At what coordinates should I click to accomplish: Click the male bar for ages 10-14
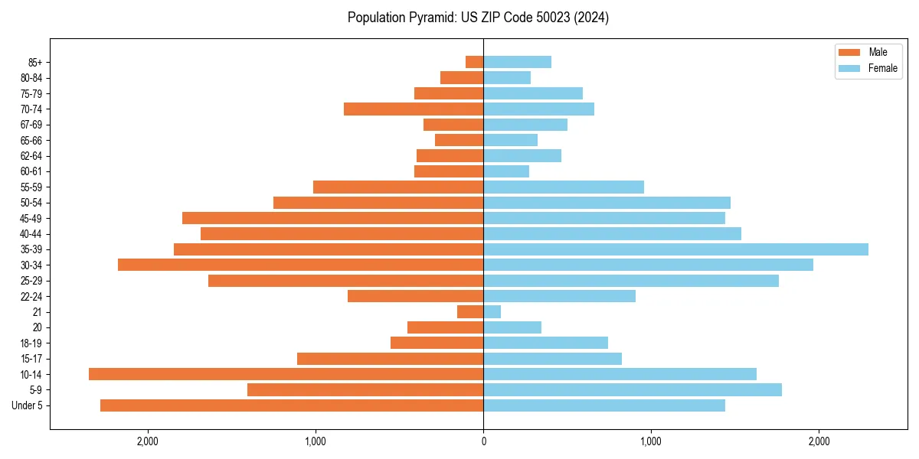click(x=286, y=374)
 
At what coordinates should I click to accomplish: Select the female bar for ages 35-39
click(x=675, y=249)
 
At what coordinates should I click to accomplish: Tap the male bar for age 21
click(x=470, y=312)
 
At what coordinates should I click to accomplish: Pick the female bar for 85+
click(x=517, y=62)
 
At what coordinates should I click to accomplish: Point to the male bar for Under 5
click(x=292, y=405)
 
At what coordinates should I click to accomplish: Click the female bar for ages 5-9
click(x=633, y=390)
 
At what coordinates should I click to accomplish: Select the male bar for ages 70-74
click(x=414, y=109)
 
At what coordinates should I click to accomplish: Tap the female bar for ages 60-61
click(x=506, y=171)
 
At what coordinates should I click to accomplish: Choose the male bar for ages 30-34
click(x=300, y=265)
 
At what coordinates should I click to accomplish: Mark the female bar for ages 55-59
click(x=564, y=187)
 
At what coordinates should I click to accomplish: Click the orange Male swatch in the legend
click(x=849, y=52)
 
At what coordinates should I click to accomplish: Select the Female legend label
click(x=883, y=68)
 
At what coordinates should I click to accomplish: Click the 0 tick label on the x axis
click(x=483, y=441)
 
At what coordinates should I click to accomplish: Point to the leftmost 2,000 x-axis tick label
click(x=148, y=441)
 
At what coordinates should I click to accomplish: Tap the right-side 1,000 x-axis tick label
click(x=651, y=441)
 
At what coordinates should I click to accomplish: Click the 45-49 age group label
click(x=31, y=218)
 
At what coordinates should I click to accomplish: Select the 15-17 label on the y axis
click(x=31, y=359)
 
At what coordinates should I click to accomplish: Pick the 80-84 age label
click(x=31, y=78)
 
